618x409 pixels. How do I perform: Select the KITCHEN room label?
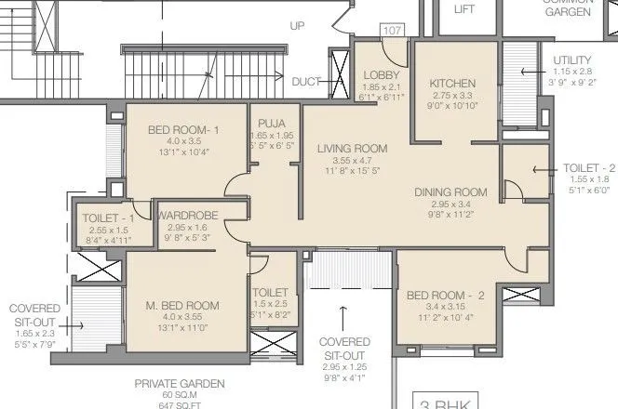click(452, 83)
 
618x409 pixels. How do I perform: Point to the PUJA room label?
click(274, 122)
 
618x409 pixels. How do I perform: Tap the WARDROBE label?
click(188, 216)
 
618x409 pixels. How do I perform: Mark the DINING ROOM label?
click(451, 192)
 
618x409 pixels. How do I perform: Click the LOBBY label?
click(381, 74)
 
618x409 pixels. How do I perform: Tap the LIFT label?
click(463, 8)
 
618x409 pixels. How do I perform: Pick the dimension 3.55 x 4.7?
click(350, 160)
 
